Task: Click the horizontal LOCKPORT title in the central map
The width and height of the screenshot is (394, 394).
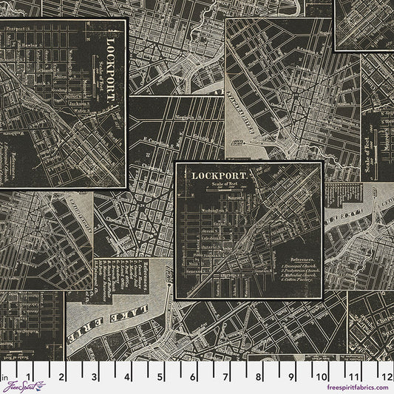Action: coord(220,175)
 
